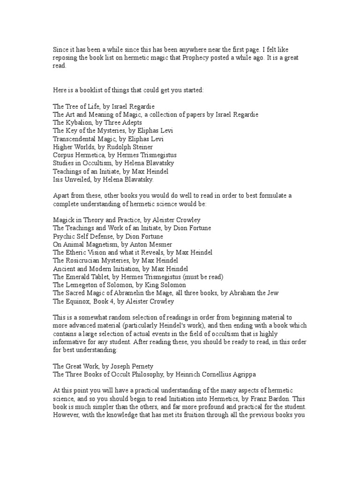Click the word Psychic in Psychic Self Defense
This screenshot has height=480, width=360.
coord(63,236)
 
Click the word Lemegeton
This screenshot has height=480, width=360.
coord(82,285)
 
